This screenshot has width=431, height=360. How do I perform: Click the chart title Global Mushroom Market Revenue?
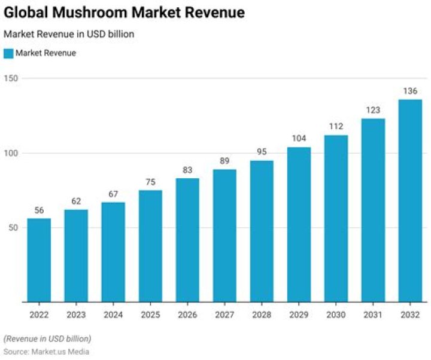coord(124,13)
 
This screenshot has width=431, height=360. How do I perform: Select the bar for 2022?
coord(39,260)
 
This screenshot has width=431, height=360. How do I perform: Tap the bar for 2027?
coord(224,236)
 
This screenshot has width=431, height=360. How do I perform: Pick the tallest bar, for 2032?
coord(410,200)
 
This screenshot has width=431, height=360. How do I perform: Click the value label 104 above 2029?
coord(299,138)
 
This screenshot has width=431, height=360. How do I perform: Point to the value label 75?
coord(150,181)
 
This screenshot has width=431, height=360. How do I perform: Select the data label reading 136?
coord(410,90)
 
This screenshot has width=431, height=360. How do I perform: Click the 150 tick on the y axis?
coord(11,78)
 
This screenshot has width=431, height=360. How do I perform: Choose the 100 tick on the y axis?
coord(11,153)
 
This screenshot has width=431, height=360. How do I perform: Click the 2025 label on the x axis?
coord(150,314)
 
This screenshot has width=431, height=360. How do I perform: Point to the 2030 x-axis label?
coord(336,314)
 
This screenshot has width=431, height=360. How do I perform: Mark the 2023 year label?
coord(76,314)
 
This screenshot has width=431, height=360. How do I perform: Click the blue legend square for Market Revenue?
coord(8,53)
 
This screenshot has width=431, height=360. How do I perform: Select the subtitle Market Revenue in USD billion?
coord(69,34)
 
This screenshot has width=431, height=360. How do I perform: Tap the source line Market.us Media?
coord(47,352)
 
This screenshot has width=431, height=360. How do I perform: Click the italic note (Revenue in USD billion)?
coord(47,338)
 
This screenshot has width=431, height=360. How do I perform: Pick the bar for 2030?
coord(336,218)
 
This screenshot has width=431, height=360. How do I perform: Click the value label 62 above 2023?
coord(76,200)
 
